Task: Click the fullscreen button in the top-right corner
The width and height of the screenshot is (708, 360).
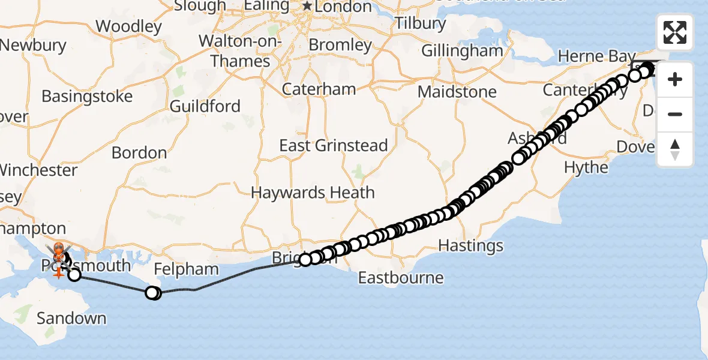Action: coord(675,32)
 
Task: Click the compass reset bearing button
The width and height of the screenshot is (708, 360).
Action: coord(675,149)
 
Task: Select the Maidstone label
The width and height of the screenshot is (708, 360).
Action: coord(457,92)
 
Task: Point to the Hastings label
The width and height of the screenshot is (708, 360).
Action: coord(471,245)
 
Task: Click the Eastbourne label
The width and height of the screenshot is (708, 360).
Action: coord(401,278)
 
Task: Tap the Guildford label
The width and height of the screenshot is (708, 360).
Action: coord(205,106)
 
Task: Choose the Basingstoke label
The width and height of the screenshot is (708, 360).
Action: coord(87,96)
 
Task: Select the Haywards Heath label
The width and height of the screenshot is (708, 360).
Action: coord(313,193)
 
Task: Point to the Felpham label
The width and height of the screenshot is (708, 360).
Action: coord(186,269)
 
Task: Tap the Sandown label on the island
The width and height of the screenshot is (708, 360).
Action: coord(71,318)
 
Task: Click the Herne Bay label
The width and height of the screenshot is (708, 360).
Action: coord(588,56)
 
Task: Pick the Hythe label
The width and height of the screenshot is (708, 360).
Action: coord(586,167)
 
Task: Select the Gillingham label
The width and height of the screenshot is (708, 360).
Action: coord(462,50)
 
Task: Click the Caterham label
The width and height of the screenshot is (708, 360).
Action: coord(319,89)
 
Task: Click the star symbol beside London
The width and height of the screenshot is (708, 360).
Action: coord(307,6)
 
